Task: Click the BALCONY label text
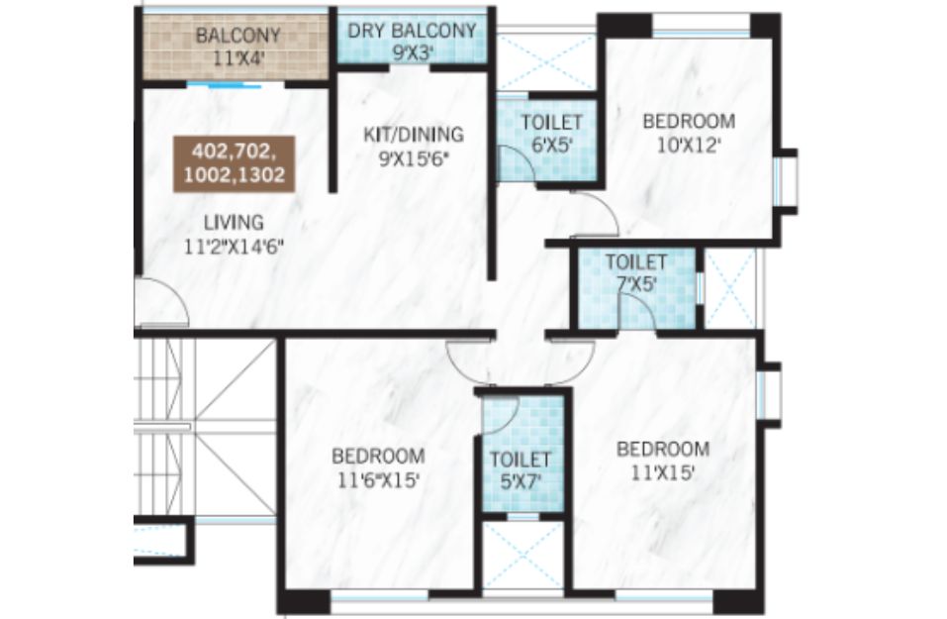(x=237, y=35)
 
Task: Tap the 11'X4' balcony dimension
(x=239, y=58)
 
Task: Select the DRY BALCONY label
(x=412, y=31)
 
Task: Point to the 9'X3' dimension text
(x=413, y=52)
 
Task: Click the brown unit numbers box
(x=235, y=163)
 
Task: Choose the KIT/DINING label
(x=413, y=134)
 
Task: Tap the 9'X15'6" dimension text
(x=414, y=158)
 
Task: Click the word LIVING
(x=234, y=223)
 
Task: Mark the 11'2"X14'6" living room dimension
(x=235, y=247)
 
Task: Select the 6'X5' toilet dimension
(x=551, y=146)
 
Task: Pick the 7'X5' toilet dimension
(x=635, y=283)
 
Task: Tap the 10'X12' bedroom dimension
(x=689, y=145)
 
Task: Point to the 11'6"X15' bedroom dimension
(x=378, y=480)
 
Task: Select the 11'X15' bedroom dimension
(x=663, y=473)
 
